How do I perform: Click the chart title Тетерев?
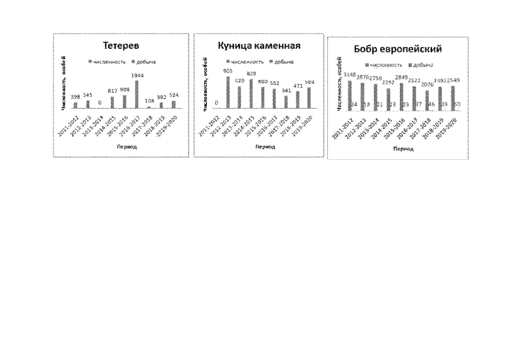coord(120,46)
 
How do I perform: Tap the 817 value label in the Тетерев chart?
coord(112,91)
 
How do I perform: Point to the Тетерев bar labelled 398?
coord(76,105)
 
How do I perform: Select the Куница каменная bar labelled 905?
coord(228,92)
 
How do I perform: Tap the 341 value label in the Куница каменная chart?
coord(286,90)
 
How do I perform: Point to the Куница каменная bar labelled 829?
coord(251,93)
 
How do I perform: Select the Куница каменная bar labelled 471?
coord(298,99)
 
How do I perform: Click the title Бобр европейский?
coord(397,49)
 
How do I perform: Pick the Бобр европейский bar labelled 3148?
coord(350,96)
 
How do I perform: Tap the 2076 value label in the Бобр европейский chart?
coord(427,85)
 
